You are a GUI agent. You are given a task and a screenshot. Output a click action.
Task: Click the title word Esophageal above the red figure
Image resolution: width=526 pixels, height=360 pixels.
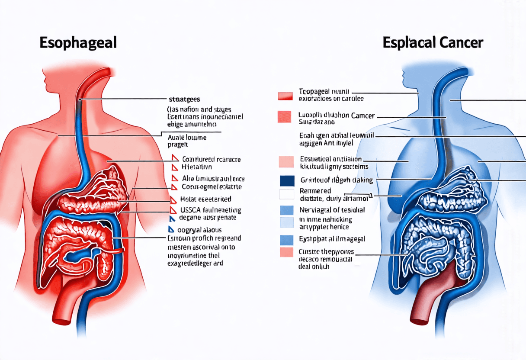78,44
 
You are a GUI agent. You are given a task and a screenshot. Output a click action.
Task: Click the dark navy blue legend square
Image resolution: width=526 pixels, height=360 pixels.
287,180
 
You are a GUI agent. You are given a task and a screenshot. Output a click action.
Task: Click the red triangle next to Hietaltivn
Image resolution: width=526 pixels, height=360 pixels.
174,167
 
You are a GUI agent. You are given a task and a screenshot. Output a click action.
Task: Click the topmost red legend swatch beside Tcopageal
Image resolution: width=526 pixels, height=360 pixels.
286,96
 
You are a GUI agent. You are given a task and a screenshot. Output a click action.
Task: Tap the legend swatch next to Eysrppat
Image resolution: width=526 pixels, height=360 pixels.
287,240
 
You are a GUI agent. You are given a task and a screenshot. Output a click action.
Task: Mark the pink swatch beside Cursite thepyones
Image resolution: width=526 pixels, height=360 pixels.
287,253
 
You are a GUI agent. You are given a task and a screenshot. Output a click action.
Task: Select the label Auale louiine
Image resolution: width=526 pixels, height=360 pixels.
186,138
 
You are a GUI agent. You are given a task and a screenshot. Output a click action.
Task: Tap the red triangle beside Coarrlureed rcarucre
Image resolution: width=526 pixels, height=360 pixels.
174,158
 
